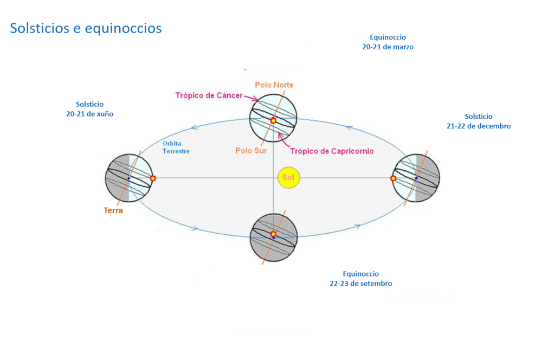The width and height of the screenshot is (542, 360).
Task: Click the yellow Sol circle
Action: coord(289,178)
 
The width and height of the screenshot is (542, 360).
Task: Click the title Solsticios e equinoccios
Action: coord(86,28)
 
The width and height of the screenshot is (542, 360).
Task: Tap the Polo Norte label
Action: coord(274,85)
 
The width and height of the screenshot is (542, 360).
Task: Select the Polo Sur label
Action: coord(251,151)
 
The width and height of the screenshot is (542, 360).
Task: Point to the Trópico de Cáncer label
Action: coord(209,95)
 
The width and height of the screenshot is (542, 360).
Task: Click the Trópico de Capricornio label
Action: coord(332,151)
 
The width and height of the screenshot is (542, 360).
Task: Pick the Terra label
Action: coord(113,210)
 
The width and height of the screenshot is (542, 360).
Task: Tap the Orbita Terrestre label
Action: coord(176,147)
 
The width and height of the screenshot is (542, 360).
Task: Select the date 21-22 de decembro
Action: coord(475,126)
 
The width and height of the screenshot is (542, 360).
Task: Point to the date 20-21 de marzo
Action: coord(388,47)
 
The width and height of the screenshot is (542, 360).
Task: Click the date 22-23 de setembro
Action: coord(360,284)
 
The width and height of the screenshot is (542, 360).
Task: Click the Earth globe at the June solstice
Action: coord(128,178)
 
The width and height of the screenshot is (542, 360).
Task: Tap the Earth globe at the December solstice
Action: coord(416,178)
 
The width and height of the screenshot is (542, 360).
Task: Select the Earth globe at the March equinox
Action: coord(273,118)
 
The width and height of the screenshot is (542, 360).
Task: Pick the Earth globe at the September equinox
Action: coord(273,237)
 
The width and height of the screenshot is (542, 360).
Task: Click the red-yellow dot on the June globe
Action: coord(153,178)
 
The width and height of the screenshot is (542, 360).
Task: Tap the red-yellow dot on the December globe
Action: coord(393,178)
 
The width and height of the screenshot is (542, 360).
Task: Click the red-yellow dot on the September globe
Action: coord(273,234)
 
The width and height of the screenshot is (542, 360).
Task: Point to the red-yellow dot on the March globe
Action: coord(273,121)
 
